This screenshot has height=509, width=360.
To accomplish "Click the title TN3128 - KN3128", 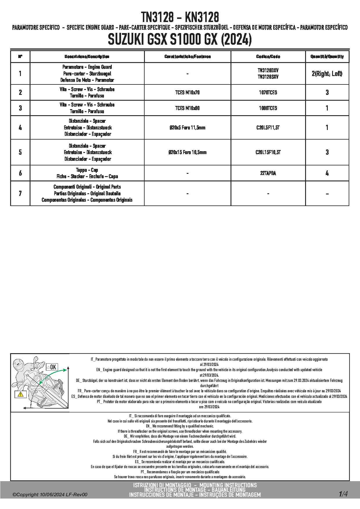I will [180, 17].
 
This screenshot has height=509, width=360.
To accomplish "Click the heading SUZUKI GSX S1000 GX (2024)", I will [180, 40].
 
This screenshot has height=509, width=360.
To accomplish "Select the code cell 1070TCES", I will [268, 93].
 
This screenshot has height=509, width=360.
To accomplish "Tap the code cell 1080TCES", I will [268, 108].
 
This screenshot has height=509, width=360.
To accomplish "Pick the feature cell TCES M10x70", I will [187, 93].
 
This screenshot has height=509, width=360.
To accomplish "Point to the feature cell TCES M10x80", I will [187, 108].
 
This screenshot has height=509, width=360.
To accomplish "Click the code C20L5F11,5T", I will [268, 127].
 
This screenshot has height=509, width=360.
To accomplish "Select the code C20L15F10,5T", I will [268, 152].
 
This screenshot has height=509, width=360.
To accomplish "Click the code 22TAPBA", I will [268, 173].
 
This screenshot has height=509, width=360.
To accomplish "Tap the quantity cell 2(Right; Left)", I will [327, 74].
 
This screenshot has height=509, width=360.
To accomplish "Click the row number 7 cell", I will [20, 193].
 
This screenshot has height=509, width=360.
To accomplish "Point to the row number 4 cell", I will [20, 127].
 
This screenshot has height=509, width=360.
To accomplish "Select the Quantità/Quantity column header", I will [327, 57].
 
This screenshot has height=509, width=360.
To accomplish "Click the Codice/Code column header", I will [268, 57].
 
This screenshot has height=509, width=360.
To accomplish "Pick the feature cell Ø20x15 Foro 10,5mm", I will [187, 152].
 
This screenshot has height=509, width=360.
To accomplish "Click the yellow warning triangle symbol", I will [21, 394].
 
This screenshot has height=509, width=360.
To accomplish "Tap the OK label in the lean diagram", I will [53, 367].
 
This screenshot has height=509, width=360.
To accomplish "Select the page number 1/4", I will [343, 494].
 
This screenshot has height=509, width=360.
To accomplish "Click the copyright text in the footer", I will [50, 495].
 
